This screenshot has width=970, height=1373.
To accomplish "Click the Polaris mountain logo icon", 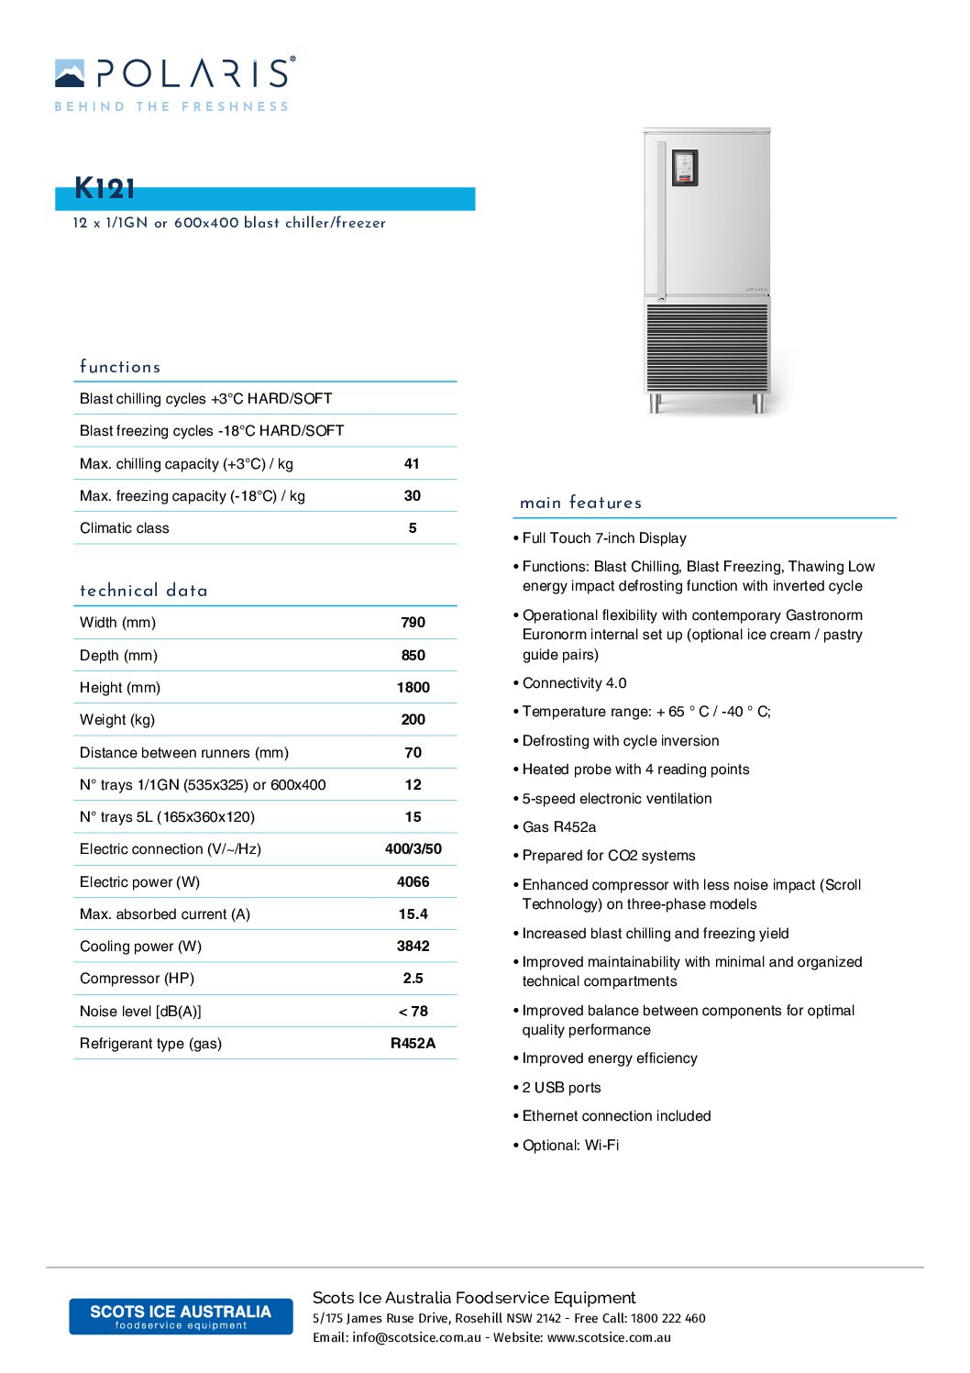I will pyautogui.click(x=70, y=73).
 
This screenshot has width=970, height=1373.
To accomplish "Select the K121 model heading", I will pyautogui.click(x=105, y=189).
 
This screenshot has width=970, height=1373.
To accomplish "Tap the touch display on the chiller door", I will pyautogui.click(x=685, y=168).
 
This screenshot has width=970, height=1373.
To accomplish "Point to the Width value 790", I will pyautogui.click(x=413, y=623).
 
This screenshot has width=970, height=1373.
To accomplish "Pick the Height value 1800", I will pyautogui.click(x=413, y=688).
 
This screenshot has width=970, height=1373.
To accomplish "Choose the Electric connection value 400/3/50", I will pyautogui.click(x=413, y=849).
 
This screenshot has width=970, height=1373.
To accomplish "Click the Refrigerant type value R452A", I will pyautogui.click(x=413, y=1044).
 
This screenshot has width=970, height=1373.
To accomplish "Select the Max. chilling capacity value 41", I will pyautogui.click(x=412, y=464).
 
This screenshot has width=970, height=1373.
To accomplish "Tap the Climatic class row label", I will pyautogui.click(x=125, y=528).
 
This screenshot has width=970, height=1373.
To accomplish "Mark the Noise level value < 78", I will pyautogui.click(x=413, y=1012).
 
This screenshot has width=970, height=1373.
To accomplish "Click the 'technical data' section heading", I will pyautogui.click(x=144, y=591).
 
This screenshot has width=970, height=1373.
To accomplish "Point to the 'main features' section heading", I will pyautogui.click(x=580, y=503).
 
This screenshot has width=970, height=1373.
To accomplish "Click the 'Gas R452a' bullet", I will pyautogui.click(x=558, y=827).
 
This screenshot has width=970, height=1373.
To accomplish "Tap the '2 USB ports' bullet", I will pyautogui.click(x=561, y=1088).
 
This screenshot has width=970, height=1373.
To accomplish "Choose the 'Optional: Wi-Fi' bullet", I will pyautogui.click(x=570, y=1146).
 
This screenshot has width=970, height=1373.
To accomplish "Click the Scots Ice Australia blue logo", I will pyautogui.click(x=181, y=1316).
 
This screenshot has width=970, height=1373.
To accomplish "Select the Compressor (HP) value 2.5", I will pyautogui.click(x=413, y=979).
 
